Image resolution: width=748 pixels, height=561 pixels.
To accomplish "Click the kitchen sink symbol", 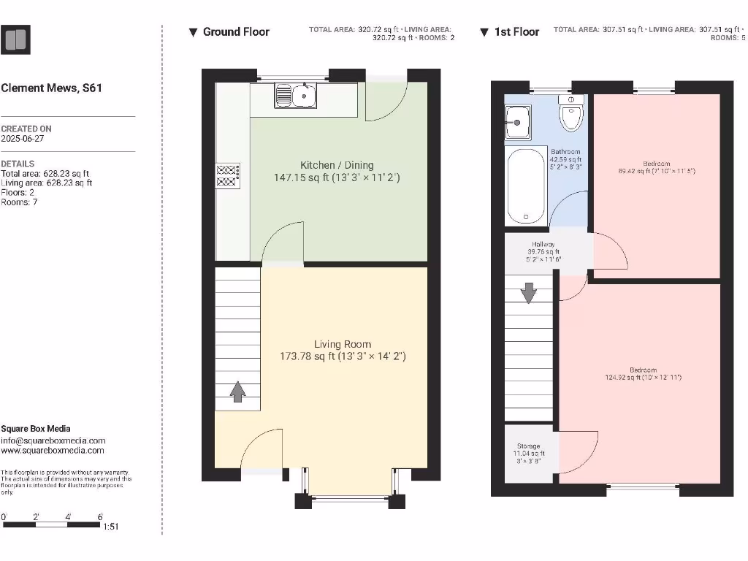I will coord(295,96).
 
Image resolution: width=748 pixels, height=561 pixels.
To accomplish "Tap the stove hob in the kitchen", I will coord(227,175).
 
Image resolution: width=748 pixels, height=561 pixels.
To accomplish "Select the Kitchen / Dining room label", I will coord(337,171).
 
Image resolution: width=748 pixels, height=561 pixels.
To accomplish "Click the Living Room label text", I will coord(343,350).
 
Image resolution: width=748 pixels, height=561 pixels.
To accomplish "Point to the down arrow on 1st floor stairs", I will coord(528,293).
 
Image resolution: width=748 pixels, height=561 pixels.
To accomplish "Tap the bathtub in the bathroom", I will coord(527,186).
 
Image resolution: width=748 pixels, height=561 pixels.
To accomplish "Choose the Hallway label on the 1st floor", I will coord(543,251).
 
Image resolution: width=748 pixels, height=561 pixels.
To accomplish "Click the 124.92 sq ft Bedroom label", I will coord(643,374).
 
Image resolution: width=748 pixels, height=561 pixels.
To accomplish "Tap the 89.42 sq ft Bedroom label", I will coord(656,167).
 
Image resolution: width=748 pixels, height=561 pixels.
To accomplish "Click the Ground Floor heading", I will coord(236,32).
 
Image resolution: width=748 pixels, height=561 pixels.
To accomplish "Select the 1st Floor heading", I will coord(516,32).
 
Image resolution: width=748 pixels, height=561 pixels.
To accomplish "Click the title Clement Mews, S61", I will coord(52,88).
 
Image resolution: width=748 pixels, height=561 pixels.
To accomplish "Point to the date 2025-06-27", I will coord(23,138).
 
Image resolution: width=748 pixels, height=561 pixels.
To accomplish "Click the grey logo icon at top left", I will coord(16,39).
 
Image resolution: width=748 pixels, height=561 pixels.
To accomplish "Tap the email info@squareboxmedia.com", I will coord(53,440).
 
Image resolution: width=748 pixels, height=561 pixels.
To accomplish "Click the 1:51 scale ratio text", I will coord(112,526).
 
